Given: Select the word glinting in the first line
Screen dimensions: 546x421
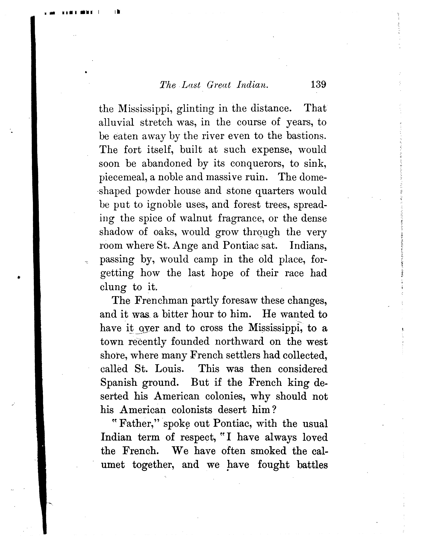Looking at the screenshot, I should click(x=195, y=109).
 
